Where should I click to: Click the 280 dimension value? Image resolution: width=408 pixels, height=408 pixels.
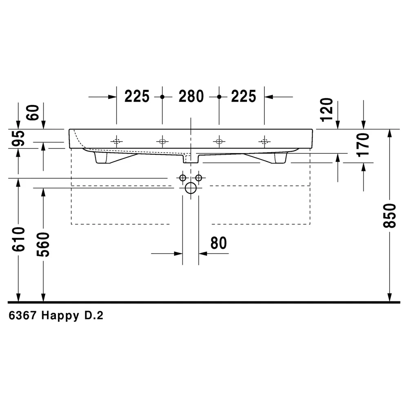click(191, 96)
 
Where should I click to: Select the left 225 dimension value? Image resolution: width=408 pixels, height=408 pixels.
click(137, 96)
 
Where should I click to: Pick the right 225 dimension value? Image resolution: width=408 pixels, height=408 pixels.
click(244, 96)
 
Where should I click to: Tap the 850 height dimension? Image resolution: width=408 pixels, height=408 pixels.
click(390, 215)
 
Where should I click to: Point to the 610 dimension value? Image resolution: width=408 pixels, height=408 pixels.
click(18, 239)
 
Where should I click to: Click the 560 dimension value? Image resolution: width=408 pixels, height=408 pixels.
click(43, 244)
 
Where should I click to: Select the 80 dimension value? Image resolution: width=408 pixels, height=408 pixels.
click(219, 243)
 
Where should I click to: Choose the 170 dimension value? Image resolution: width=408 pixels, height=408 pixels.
click(364, 145)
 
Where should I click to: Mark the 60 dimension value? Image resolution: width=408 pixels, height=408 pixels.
click(33, 113)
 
